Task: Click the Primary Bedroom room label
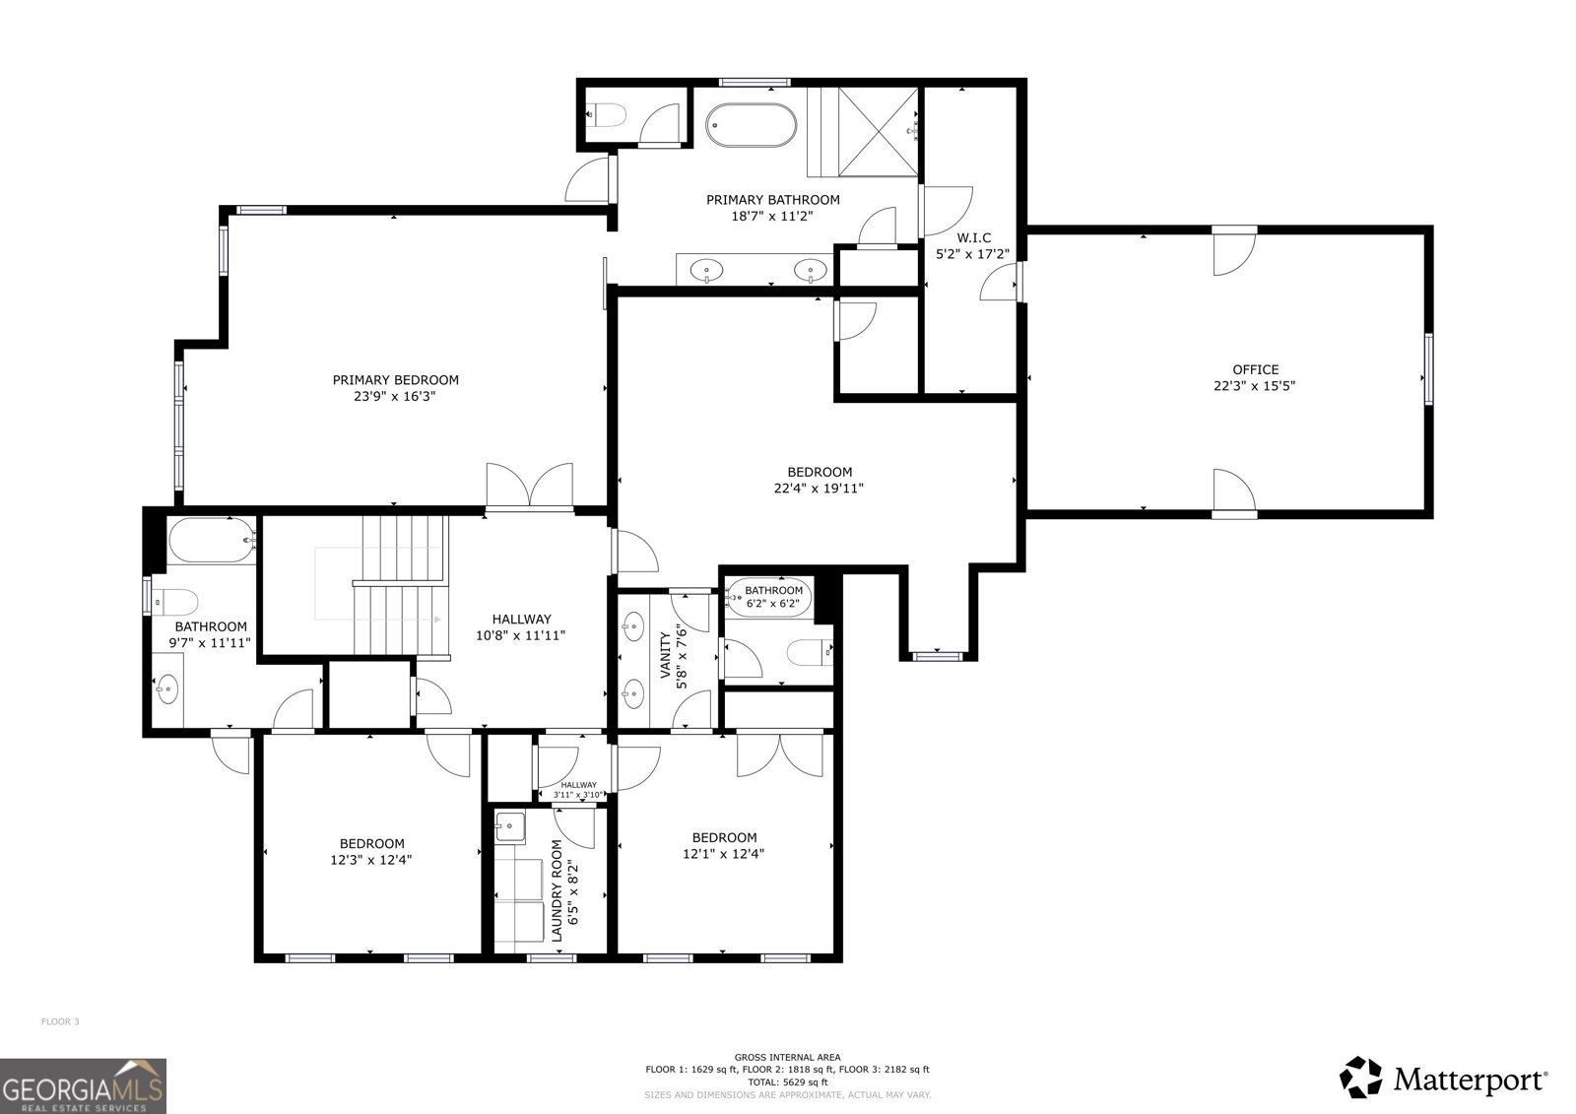click(395, 380)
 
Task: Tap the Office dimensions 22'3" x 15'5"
click(1255, 386)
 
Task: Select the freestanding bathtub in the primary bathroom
click(751, 125)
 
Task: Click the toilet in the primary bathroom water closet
click(607, 114)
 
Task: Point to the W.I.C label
click(974, 237)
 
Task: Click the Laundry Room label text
click(557, 890)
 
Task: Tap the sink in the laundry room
click(509, 826)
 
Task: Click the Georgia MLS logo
click(83, 1085)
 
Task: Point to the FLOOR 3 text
click(60, 1021)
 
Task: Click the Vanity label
click(665, 655)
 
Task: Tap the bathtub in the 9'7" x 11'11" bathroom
click(212, 541)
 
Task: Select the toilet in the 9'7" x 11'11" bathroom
click(175, 603)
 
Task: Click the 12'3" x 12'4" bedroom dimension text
click(370, 859)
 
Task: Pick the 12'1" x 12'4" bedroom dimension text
click(723, 854)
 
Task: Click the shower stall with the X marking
click(878, 132)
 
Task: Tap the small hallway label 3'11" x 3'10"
click(578, 795)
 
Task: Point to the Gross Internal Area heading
click(787, 1057)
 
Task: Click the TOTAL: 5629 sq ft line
click(787, 1082)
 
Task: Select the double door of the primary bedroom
click(529, 486)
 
